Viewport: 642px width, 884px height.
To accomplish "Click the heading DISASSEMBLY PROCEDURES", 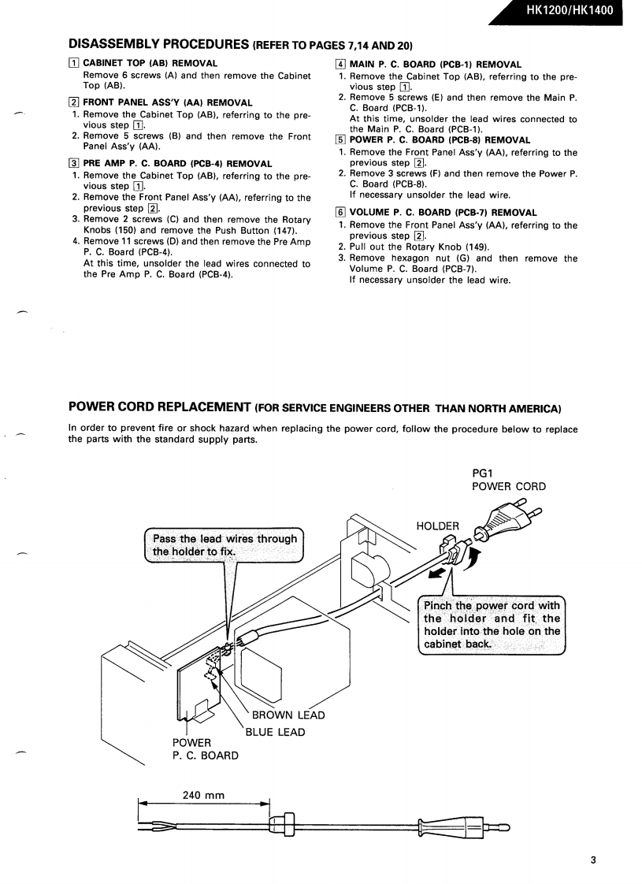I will point(160,43).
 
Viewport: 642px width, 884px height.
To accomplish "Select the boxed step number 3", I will point(73,164).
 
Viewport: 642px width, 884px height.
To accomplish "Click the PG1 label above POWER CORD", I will point(482,473).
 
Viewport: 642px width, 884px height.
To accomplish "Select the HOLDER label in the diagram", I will point(437,526).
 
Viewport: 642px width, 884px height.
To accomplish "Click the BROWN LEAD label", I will point(288,715).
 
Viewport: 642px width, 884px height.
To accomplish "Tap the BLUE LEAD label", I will point(276,732).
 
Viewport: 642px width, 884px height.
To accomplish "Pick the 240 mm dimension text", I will point(204,795).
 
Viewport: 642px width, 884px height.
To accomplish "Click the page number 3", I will point(593,860).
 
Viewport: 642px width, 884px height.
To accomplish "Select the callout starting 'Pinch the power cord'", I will point(492,625).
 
